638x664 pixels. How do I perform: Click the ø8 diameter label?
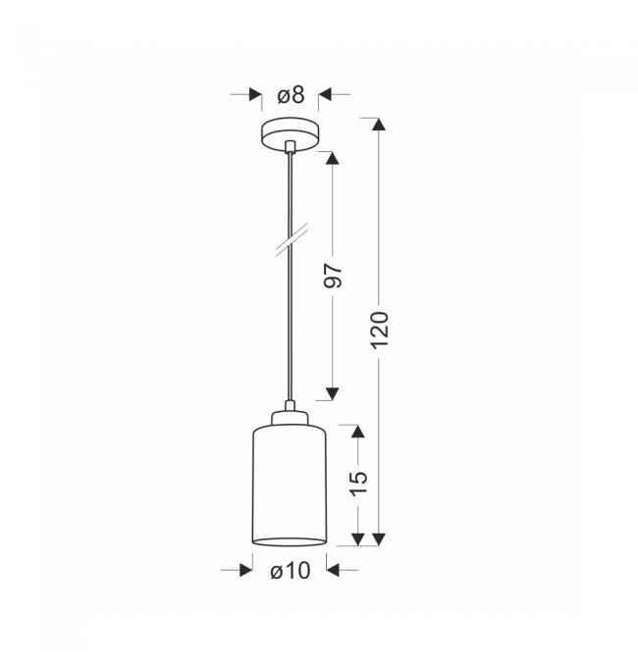point(291,95)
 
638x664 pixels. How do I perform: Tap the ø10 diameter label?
point(291,571)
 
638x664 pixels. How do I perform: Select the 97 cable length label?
point(333,276)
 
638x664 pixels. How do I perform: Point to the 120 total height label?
point(380,331)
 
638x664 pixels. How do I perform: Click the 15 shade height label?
point(358,483)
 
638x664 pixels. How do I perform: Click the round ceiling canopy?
point(290,133)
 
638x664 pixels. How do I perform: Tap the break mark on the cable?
point(292,239)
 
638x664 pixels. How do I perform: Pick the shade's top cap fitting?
point(290,417)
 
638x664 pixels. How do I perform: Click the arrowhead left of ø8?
point(255,95)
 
